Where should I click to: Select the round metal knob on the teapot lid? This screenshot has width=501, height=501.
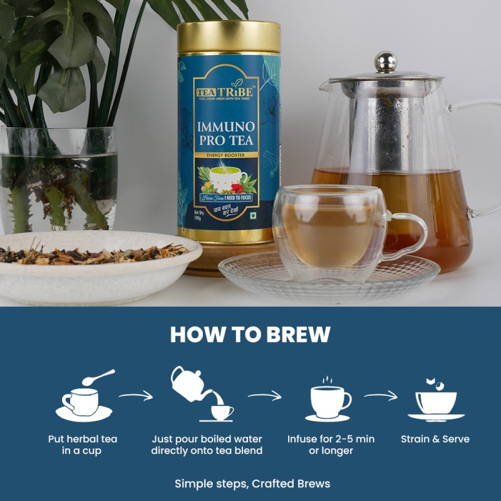coord(385,62)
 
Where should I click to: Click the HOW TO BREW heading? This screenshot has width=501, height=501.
coord(250,334)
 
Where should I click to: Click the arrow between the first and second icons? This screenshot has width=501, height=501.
coord(136,396)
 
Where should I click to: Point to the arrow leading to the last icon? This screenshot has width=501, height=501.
coord(381,396)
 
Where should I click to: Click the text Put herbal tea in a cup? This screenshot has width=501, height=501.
coord(84,445)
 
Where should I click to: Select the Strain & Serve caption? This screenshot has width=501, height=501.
coord(435,439)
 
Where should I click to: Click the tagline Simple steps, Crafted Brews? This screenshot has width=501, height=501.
coord(250,483)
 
